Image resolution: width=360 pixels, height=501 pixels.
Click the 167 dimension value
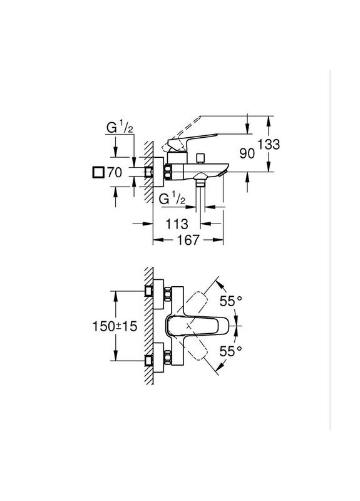click(x=188, y=240)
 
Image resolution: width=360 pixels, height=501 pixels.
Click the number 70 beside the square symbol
click(x=113, y=173)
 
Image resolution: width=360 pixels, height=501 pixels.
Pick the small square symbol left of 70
click(x=97, y=173)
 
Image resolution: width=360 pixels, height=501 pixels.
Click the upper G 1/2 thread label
click(x=119, y=128)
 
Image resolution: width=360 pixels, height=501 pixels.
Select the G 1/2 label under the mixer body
click(x=172, y=199)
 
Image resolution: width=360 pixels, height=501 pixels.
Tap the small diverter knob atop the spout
click(x=200, y=156)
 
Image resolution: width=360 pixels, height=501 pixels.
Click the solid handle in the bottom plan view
click(x=191, y=326)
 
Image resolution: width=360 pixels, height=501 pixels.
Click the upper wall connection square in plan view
click(x=149, y=291)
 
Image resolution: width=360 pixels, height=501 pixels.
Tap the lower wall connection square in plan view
click(x=149, y=361)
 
